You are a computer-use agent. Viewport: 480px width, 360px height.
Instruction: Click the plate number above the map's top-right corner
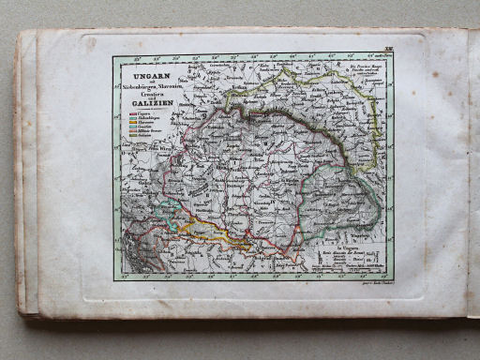(x=387, y=47)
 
